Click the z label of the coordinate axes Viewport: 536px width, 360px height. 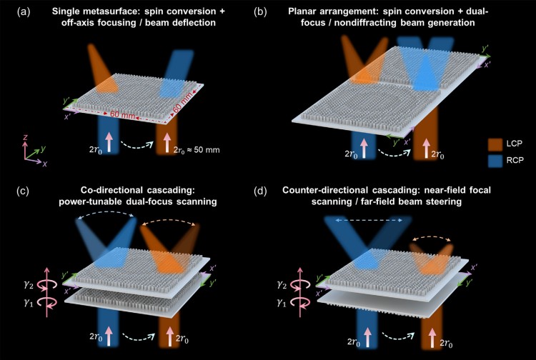[24, 136]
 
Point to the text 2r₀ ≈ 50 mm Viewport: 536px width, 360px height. [200, 151]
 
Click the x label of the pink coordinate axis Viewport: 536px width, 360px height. [44, 164]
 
